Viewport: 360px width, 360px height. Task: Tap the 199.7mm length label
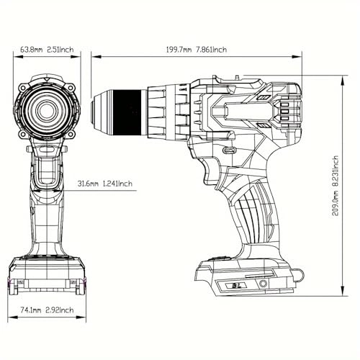(x=178, y=50)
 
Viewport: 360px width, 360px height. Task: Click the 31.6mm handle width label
(x=89, y=184)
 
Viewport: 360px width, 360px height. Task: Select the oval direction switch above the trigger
(x=229, y=151)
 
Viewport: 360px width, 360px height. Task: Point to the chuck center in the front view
(x=48, y=111)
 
